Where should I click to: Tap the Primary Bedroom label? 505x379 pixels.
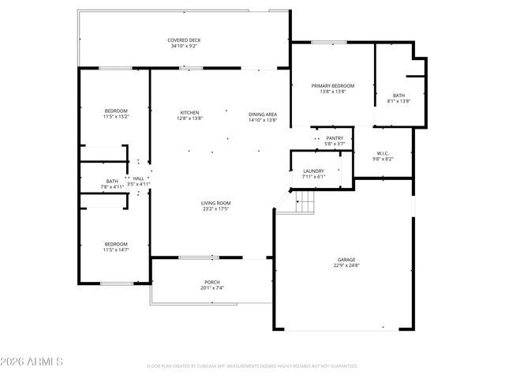(x=332, y=85)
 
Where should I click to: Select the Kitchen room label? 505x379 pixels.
(x=189, y=112)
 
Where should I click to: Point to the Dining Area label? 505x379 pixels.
(x=263, y=113)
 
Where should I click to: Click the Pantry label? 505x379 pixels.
(x=335, y=137)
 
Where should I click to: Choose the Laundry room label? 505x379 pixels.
(x=313, y=171)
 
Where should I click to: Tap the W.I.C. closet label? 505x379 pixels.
(x=383, y=153)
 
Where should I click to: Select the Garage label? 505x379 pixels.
(x=346, y=259)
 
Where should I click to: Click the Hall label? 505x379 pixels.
(x=138, y=178)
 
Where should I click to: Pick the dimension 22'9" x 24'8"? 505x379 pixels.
(x=346, y=266)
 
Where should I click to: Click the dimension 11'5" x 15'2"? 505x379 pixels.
(x=116, y=117)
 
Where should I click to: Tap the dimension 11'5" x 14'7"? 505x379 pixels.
(x=116, y=250)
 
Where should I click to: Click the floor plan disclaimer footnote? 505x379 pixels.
(x=252, y=366)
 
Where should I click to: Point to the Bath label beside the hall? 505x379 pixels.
(x=112, y=181)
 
